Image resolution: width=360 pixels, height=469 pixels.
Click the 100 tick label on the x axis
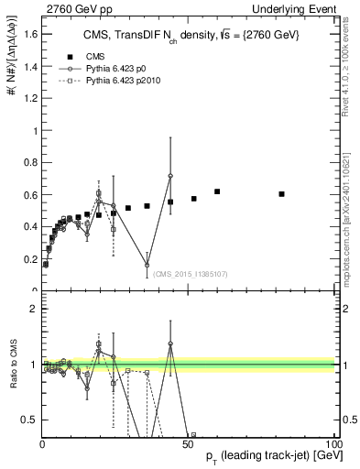[x=334, y=443]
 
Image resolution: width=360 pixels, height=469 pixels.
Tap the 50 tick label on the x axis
[x=189, y=443]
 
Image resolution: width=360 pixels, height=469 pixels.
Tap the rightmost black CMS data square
[x=281, y=194]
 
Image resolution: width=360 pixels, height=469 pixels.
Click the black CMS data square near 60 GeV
[x=217, y=191]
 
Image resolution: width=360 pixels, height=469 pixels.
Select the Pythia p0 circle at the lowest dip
[x=147, y=266]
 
